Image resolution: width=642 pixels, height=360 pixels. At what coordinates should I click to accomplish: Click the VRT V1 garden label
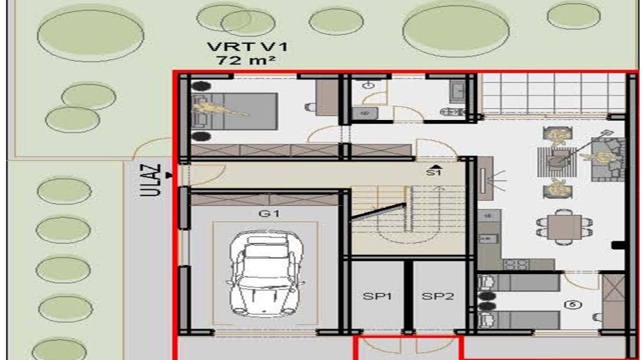[247, 46]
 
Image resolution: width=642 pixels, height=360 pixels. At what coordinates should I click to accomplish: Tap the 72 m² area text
[246, 60]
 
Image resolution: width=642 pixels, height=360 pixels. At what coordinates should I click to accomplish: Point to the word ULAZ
[150, 180]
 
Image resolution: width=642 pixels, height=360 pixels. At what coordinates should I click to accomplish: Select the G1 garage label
[269, 213]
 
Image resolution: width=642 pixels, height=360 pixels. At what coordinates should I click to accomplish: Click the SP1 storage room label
[378, 296]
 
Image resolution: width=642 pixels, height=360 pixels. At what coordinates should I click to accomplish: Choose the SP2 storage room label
[438, 296]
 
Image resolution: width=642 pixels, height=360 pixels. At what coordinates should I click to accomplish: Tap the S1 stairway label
[433, 172]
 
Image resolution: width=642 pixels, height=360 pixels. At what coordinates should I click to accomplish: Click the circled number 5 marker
[573, 304]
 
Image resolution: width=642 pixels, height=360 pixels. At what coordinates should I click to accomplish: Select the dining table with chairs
[565, 227]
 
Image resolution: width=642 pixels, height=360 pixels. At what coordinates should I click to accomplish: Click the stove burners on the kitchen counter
[516, 264]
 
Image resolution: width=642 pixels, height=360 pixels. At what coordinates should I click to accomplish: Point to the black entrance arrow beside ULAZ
[169, 175]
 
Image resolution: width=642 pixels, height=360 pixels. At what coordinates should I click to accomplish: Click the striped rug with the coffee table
[557, 162]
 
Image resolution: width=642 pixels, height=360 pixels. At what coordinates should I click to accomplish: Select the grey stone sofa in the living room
[608, 159]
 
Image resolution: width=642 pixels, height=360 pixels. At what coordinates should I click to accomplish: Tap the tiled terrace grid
[554, 93]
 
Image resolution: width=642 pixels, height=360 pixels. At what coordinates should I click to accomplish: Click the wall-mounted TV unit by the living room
[486, 179]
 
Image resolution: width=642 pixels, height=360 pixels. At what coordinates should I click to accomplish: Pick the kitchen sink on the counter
[487, 237]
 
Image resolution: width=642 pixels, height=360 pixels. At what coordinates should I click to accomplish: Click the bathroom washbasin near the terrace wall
[457, 89]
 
